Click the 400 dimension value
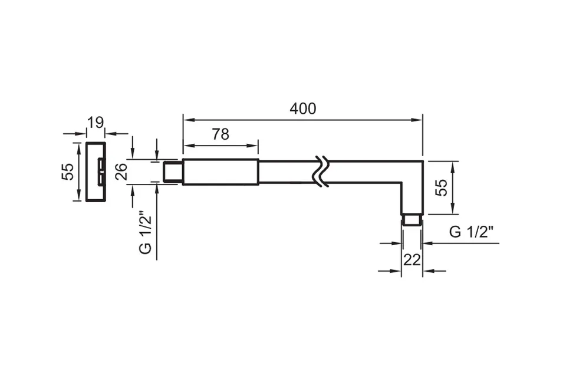303,108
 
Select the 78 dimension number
221,134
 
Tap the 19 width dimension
96,123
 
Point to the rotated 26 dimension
121,172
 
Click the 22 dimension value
412,259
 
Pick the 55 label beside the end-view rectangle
68,172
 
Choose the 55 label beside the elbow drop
441,187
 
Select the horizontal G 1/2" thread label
471,232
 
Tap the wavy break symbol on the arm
321,172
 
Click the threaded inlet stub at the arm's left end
173,172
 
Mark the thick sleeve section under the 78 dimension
221,172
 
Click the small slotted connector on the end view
101,172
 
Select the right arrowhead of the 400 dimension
417,120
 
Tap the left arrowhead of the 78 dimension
188,146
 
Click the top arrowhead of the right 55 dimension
453,166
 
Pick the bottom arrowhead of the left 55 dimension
78,196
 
